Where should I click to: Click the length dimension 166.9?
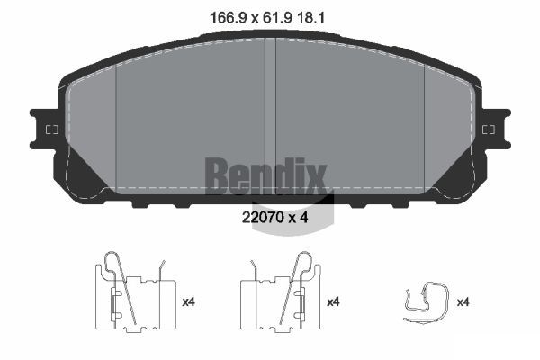pos(228,18)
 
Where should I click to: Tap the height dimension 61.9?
pos(277,18)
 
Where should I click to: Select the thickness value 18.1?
pos(310,18)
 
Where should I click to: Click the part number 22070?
pos(263,218)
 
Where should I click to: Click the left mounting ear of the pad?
pos(44,130)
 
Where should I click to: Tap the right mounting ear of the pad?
pos(496,130)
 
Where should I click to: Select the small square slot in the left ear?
pos(52,130)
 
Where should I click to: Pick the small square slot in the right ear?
pos(489,130)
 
